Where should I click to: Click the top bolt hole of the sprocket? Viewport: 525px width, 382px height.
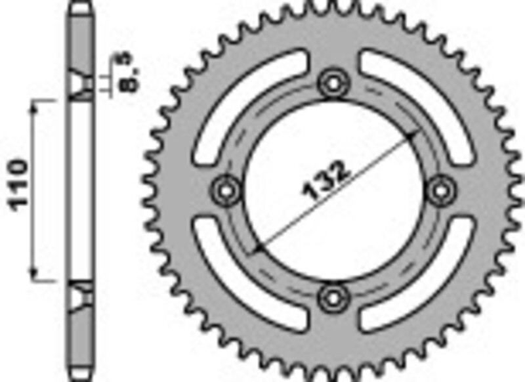(333, 83)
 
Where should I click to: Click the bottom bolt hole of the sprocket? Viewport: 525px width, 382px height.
(333, 297)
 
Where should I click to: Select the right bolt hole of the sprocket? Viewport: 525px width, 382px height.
(440, 190)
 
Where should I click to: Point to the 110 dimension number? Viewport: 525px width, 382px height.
(18, 184)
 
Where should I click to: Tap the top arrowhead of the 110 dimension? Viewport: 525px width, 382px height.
(33, 105)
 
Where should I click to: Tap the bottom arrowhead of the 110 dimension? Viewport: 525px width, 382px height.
(33, 276)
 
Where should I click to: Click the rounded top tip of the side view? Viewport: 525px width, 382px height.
(81, 5)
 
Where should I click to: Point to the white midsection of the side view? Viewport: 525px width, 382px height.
(81, 190)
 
